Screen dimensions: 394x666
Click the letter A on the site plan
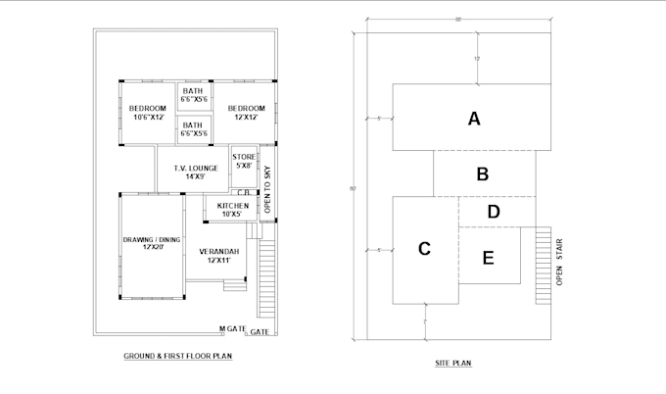[474, 120]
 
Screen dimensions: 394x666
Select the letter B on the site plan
[482, 174]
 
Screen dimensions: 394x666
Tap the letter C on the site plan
[424, 249]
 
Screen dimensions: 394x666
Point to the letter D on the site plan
[494, 211]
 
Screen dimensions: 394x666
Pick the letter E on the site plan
[489, 258]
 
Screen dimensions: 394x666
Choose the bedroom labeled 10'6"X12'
[146, 113]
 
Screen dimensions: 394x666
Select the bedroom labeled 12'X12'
[246, 113]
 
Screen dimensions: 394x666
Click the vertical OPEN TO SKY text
[267, 191]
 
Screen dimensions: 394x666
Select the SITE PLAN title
[453, 364]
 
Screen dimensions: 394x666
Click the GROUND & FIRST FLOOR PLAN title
[177, 356]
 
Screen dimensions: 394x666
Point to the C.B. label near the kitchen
[241, 193]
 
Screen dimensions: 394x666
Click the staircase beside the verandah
[266, 279]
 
